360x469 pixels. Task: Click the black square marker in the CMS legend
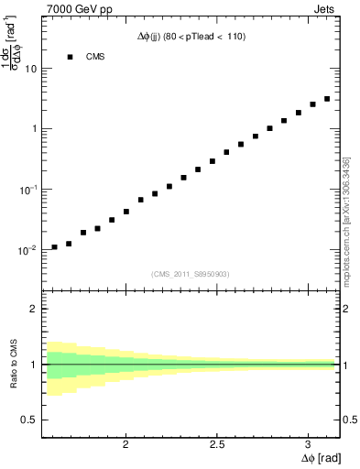tap(69, 57)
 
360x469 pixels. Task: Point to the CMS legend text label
tap(95, 57)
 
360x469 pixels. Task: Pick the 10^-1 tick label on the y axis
tap(27, 189)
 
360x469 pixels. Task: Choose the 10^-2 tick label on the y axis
tap(27, 249)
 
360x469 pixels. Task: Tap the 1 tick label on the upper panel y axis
tap(34, 129)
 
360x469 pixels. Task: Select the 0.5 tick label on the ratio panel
tap(30, 420)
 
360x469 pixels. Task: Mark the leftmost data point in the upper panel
tap(54, 247)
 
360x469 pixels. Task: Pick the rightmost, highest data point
tap(327, 99)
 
